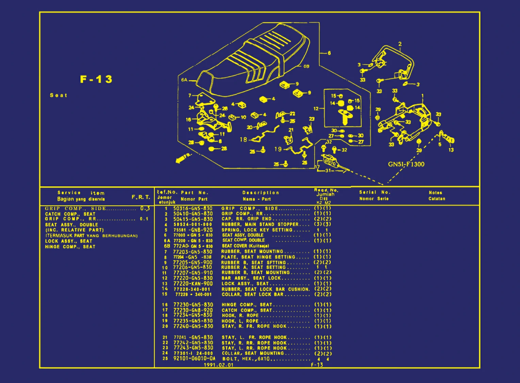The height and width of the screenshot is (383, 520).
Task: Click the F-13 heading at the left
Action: [96, 79]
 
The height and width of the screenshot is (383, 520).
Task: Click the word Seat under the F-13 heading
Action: [59, 95]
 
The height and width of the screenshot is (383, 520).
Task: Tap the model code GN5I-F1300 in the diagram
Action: [406, 164]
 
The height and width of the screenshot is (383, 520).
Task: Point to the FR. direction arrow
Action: [183, 158]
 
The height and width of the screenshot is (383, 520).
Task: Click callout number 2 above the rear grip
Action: [400, 44]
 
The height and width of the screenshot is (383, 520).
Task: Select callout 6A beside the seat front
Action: [184, 80]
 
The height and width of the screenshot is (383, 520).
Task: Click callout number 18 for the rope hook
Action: [243, 139]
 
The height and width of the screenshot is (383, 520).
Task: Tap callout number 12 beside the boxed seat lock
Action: [316, 109]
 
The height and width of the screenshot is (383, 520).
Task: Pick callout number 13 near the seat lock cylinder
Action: [451, 150]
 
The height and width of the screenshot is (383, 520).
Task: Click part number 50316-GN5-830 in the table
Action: [193, 208]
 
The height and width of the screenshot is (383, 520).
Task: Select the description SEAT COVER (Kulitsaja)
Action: [245, 246]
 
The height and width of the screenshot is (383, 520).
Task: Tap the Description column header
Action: [260, 193]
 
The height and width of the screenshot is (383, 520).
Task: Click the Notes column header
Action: [435, 193]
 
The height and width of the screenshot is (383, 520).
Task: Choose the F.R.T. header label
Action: [141, 197]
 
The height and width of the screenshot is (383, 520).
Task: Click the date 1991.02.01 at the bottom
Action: [218, 365]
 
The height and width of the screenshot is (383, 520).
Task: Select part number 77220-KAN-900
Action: [193, 283]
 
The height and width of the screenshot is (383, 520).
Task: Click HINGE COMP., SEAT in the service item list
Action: [70, 247]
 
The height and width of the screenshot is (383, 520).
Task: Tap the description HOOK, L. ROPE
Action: [240, 321]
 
